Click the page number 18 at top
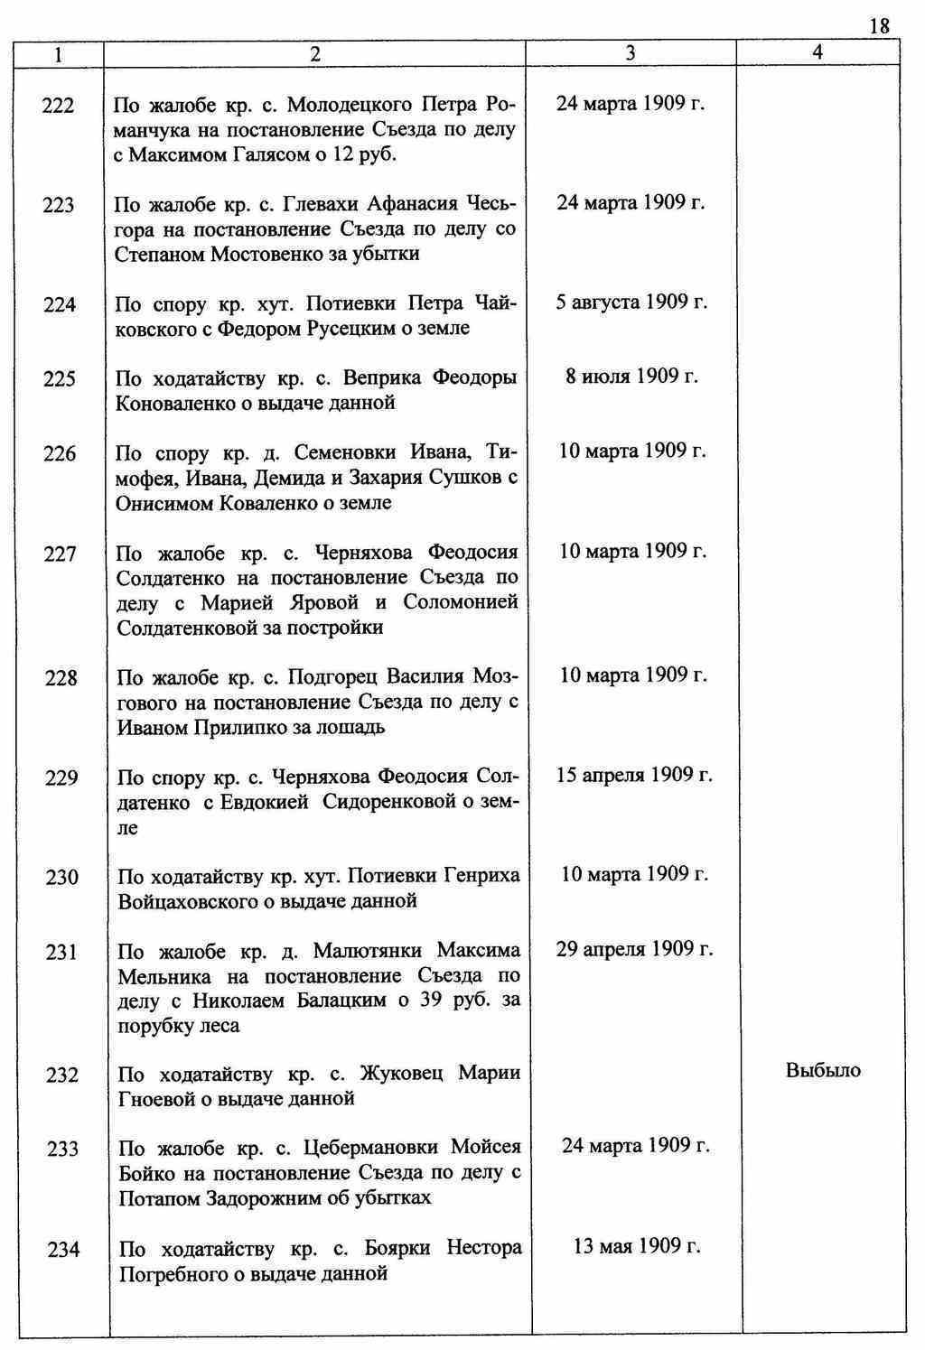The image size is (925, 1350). [879, 26]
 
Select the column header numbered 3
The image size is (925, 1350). [630, 53]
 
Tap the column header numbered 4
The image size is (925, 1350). [818, 52]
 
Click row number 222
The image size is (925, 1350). [59, 106]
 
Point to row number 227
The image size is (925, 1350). [60, 554]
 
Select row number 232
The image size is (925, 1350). [61, 1075]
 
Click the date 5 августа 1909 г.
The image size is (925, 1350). [631, 302]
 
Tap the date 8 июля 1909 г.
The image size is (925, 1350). [631, 376]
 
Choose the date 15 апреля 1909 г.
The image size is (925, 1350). [634, 775]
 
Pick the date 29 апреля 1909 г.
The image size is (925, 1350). [634, 949]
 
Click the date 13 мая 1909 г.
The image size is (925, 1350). [637, 1246]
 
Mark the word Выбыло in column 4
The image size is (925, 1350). [823, 1071]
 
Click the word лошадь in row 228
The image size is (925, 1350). [354, 727]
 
